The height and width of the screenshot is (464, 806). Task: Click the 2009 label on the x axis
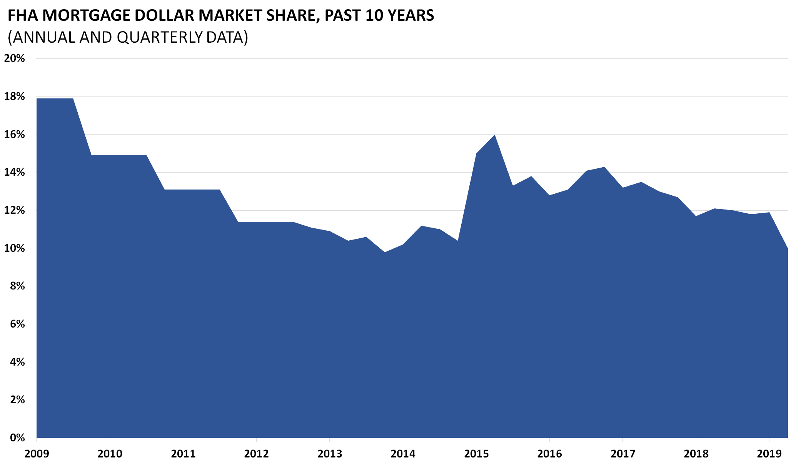point(37,454)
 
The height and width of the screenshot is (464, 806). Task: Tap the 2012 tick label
point(256,454)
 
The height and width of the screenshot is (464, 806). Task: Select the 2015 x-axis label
point(476,454)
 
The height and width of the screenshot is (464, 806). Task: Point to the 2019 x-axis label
point(769,454)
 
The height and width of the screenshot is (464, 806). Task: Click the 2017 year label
point(622,454)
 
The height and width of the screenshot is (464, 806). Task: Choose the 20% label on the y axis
point(14,58)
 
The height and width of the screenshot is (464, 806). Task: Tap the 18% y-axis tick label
point(14,96)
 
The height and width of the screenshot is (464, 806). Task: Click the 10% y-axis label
point(14,248)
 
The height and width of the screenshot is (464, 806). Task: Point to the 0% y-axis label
point(17,438)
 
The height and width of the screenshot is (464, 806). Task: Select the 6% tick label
point(17,324)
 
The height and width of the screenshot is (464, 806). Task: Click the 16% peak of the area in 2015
point(494,135)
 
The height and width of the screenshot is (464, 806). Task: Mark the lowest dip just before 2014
point(385,252)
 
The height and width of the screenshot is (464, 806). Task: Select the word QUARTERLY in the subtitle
point(160,37)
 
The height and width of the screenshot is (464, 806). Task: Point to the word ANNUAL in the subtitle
point(43,37)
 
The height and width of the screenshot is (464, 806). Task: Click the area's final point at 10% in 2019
point(787,249)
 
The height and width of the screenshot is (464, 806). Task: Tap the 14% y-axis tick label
point(14,172)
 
